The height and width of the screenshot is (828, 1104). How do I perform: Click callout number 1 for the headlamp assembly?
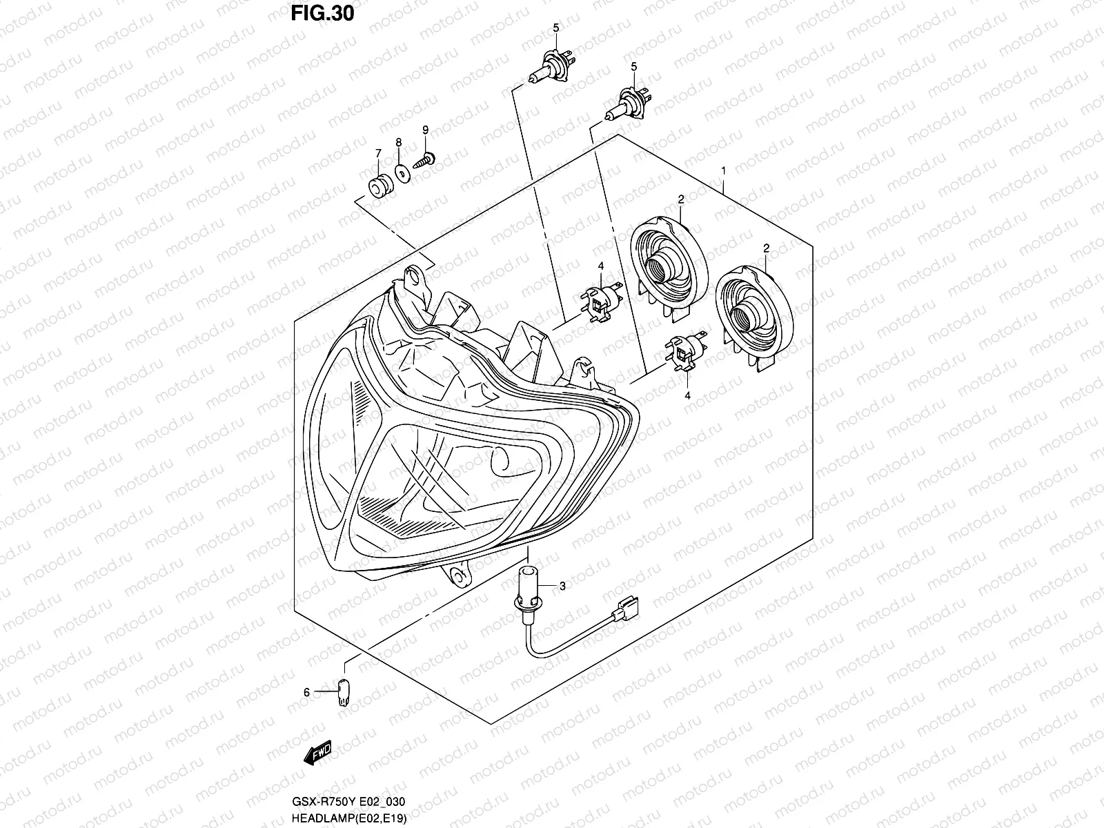pyautogui.click(x=723, y=170)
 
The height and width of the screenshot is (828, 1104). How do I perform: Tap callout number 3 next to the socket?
pyautogui.click(x=562, y=586)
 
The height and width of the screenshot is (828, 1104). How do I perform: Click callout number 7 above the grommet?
pyautogui.click(x=378, y=152)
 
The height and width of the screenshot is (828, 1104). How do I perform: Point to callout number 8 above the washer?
pyautogui.click(x=399, y=141)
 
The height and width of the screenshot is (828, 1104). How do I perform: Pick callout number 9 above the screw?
pyautogui.click(x=426, y=130)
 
